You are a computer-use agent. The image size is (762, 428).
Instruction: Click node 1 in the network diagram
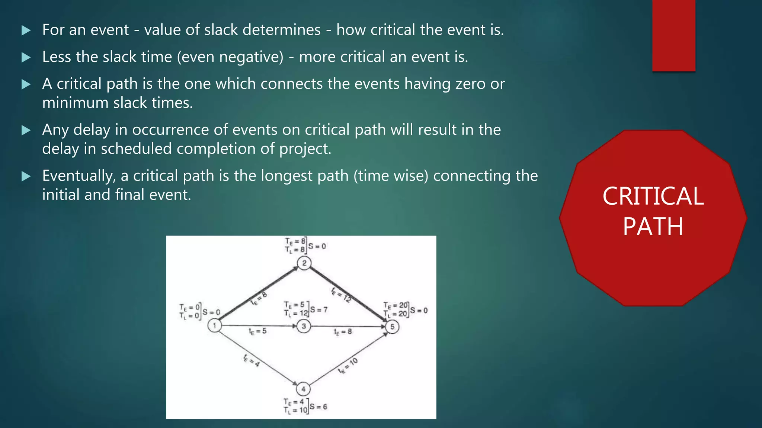[x=214, y=326]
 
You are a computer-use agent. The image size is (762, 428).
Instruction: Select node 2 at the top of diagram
[x=304, y=263]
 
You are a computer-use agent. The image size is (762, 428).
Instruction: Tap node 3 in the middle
[x=304, y=326]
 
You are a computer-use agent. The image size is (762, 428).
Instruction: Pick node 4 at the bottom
[x=303, y=389]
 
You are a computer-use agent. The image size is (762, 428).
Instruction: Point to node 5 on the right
[x=392, y=327]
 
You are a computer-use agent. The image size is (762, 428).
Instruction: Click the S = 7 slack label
[x=319, y=310]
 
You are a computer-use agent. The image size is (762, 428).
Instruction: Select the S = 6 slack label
[x=318, y=407]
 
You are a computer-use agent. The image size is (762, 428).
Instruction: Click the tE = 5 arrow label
[x=257, y=331]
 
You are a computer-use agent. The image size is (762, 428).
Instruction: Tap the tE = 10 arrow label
[x=348, y=366]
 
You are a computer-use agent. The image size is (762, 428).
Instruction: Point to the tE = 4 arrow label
[x=252, y=360]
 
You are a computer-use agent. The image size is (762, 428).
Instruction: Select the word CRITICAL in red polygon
[x=653, y=196]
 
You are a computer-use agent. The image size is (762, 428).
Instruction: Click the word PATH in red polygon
[x=653, y=227]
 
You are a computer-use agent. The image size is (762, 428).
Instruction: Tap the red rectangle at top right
[x=673, y=35]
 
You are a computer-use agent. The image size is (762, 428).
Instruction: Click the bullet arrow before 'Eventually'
[x=26, y=176]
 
